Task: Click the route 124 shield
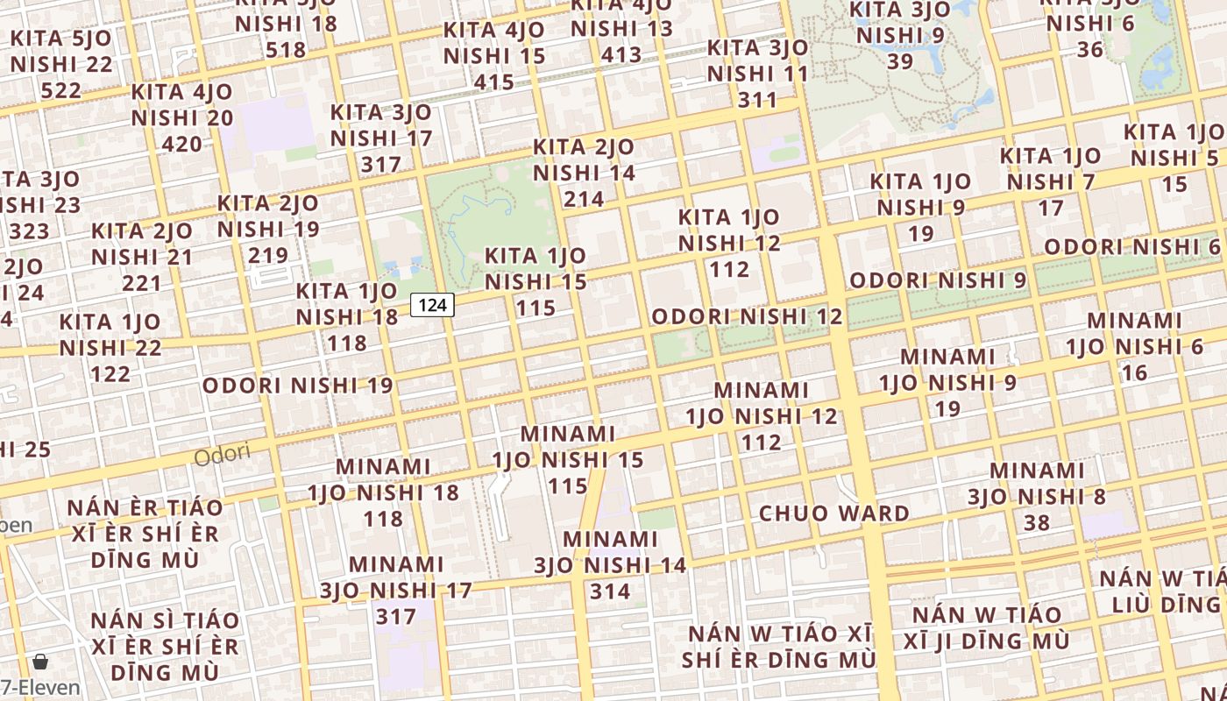[x=432, y=305]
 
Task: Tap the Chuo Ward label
[x=833, y=513]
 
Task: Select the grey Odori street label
[x=222, y=455]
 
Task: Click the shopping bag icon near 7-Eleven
[x=39, y=661]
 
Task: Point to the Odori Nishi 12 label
[x=747, y=316]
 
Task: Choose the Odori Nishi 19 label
[x=298, y=385]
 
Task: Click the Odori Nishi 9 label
[x=938, y=280]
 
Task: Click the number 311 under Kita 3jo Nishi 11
[x=757, y=100]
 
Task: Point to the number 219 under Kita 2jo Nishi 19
[x=268, y=255]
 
